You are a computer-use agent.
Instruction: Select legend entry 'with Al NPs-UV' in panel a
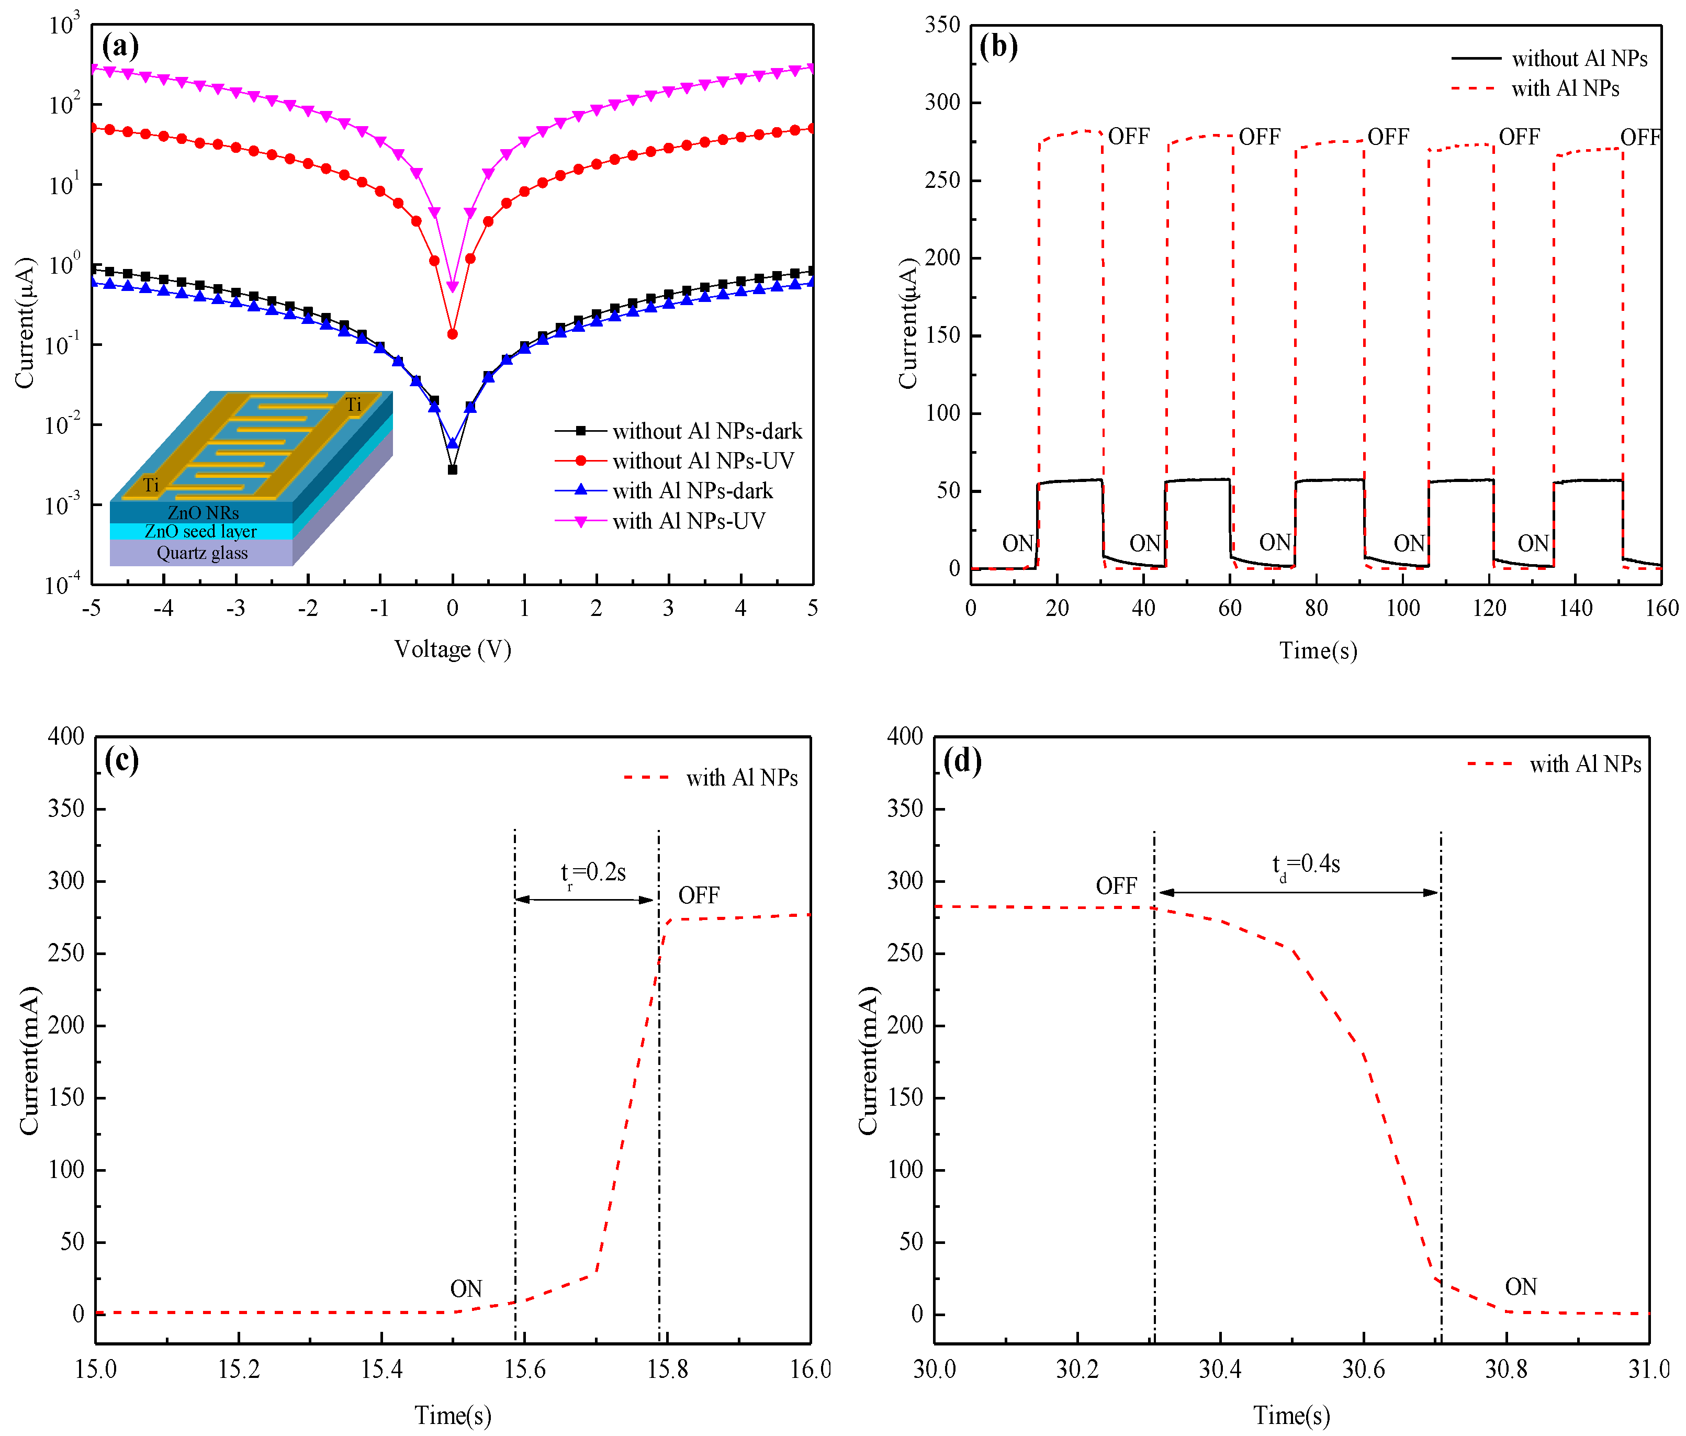point(689,521)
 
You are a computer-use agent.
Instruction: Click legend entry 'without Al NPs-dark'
point(706,431)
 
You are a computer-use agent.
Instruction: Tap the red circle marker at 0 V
point(453,333)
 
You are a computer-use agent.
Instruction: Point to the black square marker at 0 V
point(453,469)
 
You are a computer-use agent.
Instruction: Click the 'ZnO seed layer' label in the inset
point(200,531)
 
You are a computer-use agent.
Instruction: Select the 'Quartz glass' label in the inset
point(202,553)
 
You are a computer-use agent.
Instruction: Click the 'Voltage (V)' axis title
point(453,649)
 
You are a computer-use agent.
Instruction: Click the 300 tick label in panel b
point(942,103)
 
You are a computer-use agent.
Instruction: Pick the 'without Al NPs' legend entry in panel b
point(1579,59)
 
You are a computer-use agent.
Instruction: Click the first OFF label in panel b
point(1129,137)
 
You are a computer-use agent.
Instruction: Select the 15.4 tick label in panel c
point(381,1370)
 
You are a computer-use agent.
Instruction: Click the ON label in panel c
point(466,1289)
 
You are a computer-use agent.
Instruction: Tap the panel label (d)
point(963,761)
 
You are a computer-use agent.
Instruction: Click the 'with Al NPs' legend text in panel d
point(1585,765)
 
